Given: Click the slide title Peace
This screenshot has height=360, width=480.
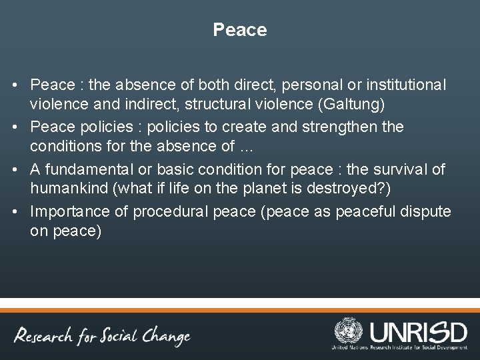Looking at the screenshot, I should tap(240, 30).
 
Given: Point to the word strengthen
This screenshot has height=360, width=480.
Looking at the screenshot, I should tap(363, 126).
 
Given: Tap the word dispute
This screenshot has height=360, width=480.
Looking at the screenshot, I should tap(427, 211).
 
